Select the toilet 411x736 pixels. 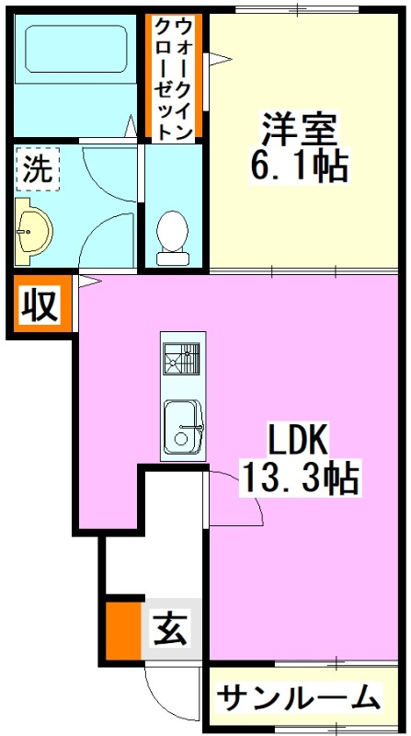tap(171, 238)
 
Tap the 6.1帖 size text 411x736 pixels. tap(299, 166)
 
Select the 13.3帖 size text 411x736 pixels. tap(298, 478)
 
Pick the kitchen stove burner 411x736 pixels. tap(182, 359)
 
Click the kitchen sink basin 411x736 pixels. tap(182, 427)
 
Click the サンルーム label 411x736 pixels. tap(300, 698)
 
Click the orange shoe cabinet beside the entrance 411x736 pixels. tap(123, 630)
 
